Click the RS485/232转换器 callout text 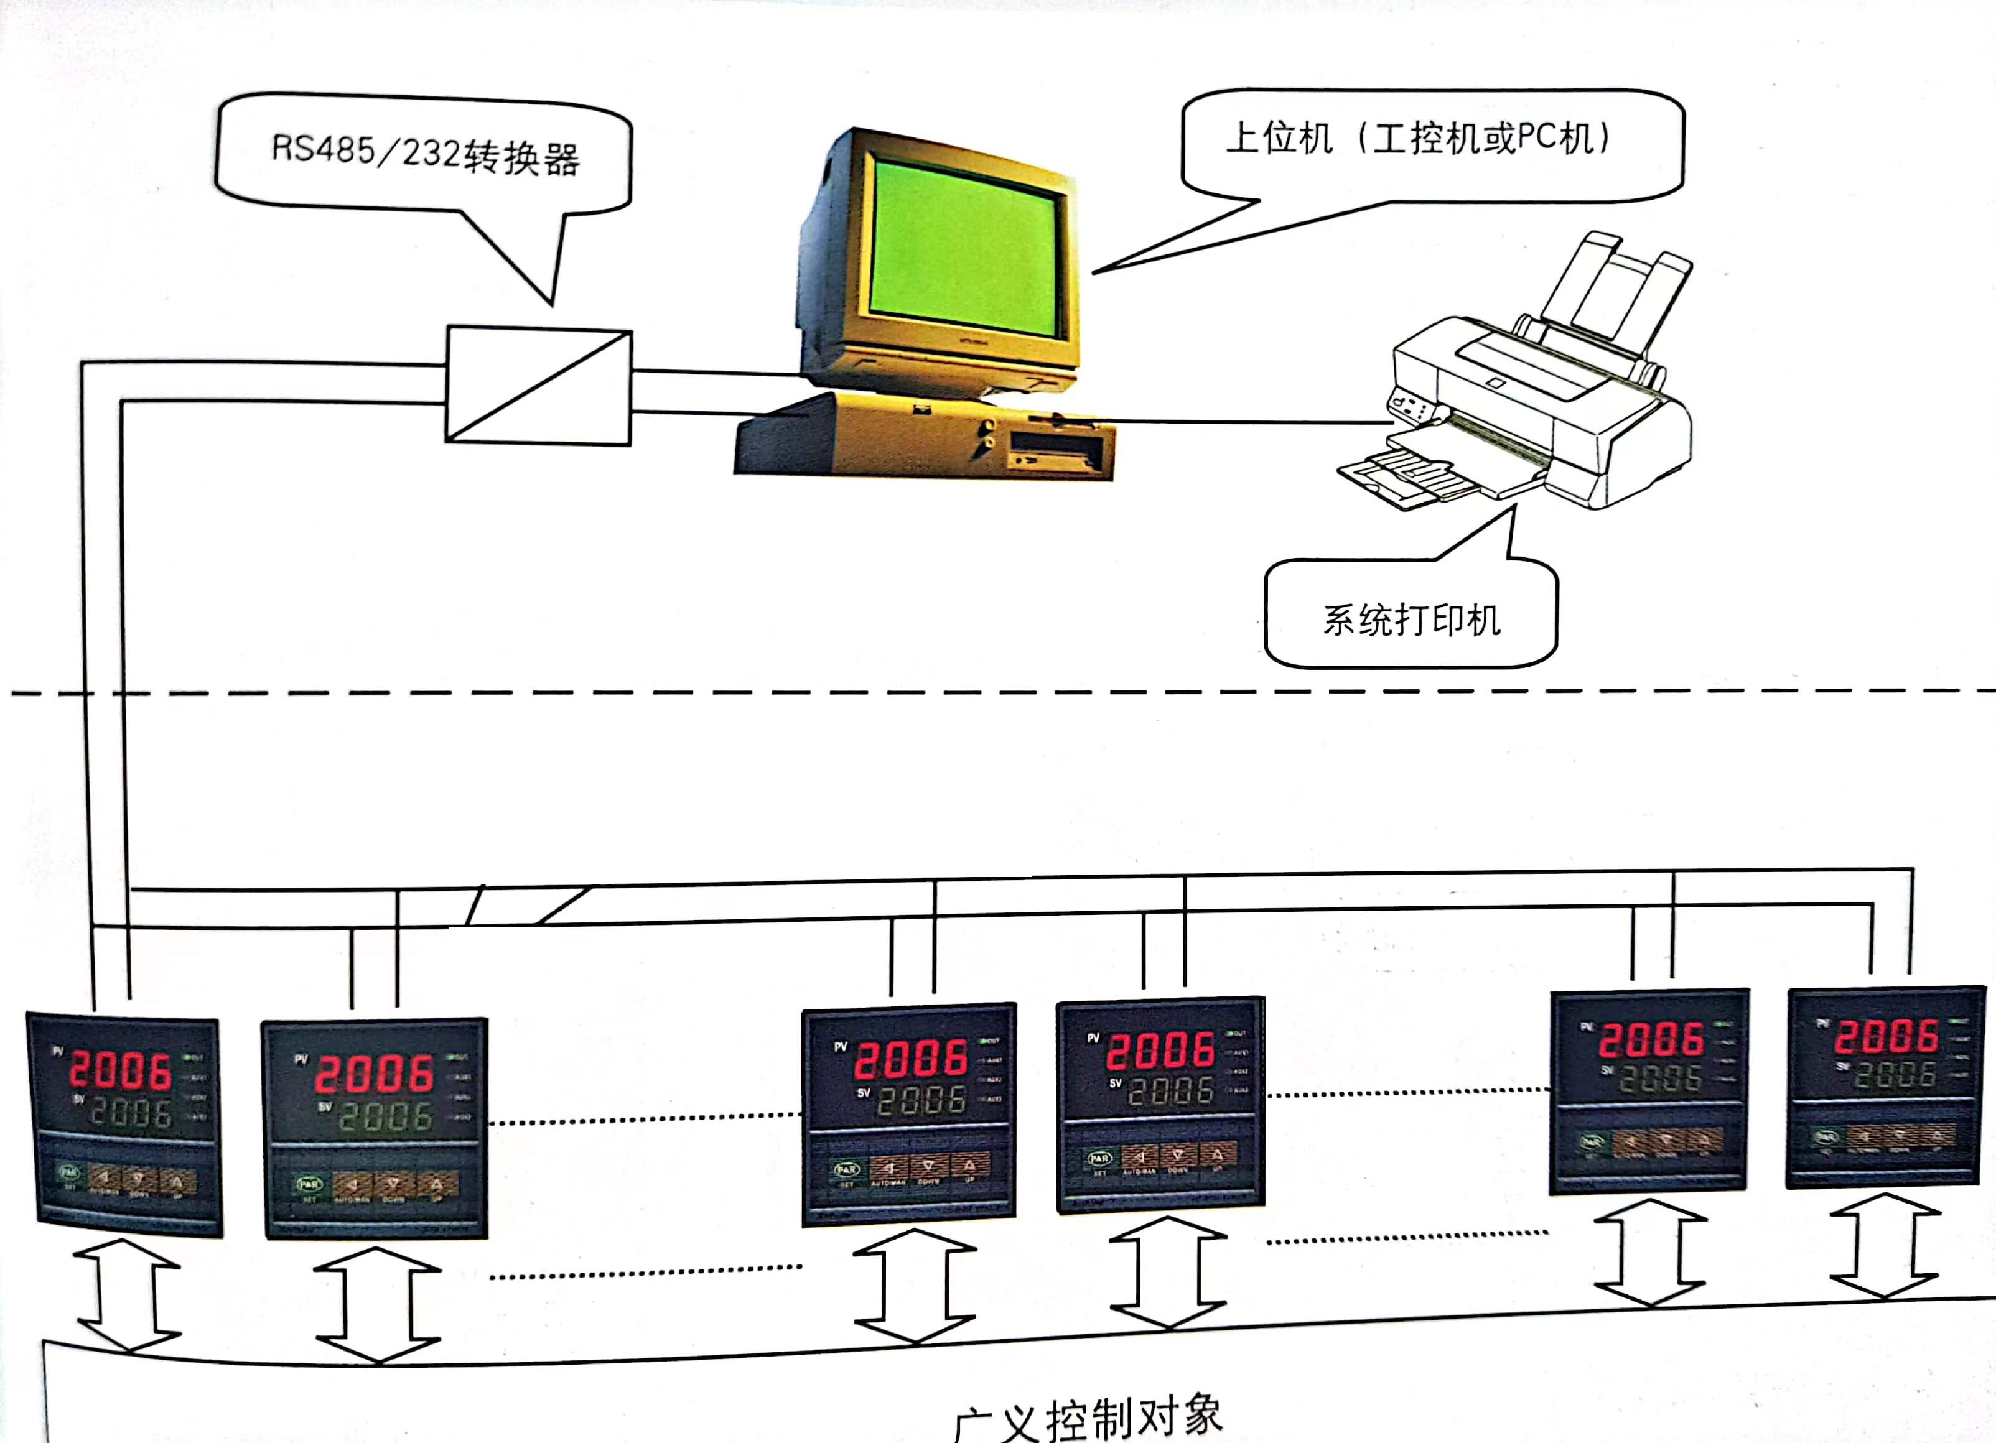pos(425,154)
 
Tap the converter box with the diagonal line pos(539,386)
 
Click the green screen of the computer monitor pos(964,248)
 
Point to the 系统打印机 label pos(1411,620)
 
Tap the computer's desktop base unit pos(924,438)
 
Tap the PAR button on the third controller pos(846,1169)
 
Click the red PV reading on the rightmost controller pos(1885,1036)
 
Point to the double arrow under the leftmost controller pos(128,1295)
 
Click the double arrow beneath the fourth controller pos(1167,1273)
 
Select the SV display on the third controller pos(921,1099)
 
